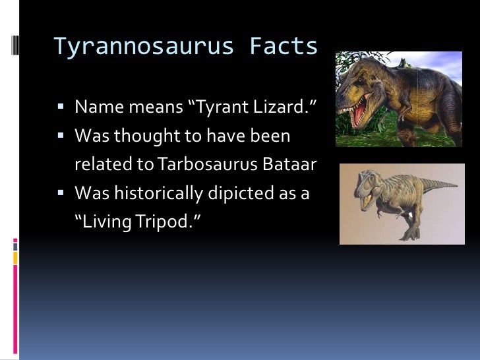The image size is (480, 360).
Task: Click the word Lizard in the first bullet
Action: pyautogui.click(x=278, y=106)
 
